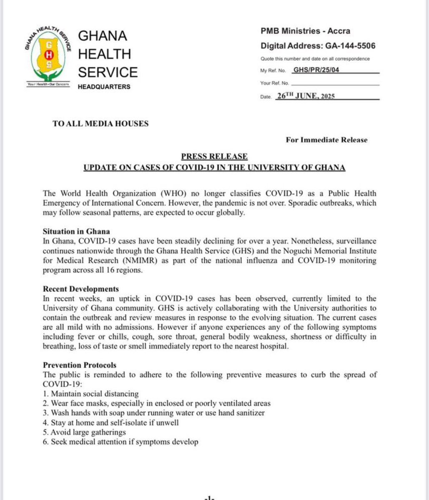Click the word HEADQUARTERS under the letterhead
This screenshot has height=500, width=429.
[104, 87]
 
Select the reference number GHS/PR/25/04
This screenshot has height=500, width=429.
[316, 70]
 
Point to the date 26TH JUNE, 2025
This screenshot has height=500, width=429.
[306, 96]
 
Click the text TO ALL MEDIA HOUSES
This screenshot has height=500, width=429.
[100, 124]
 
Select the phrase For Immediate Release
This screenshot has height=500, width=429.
[326, 140]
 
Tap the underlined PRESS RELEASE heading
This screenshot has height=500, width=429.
[214, 157]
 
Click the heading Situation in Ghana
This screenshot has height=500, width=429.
[76, 231]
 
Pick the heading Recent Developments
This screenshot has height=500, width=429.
[81, 289]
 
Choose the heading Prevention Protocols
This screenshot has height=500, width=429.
[80, 365]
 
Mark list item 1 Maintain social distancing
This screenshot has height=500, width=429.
[91, 394]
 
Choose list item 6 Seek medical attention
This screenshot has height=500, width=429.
[120, 442]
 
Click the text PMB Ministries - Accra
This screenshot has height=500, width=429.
[305, 31]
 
